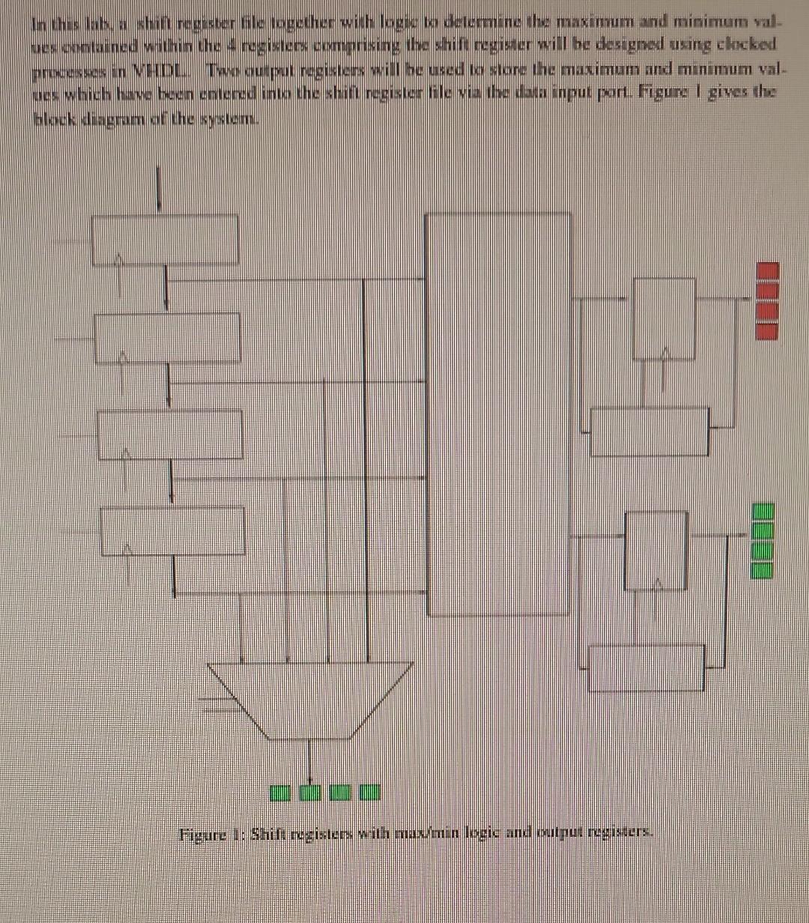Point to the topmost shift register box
[x=165, y=240]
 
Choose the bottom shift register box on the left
[x=172, y=531]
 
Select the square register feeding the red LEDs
[x=664, y=318]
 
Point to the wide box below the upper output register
[x=649, y=432]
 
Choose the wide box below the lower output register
[x=646, y=668]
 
